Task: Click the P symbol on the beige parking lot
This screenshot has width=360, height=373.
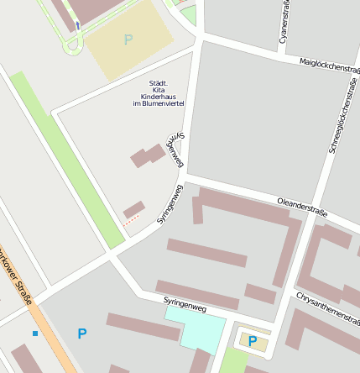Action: (x=128, y=39)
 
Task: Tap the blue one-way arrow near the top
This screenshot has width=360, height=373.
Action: (x=78, y=25)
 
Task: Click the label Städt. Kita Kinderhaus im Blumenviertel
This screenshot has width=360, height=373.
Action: (x=158, y=93)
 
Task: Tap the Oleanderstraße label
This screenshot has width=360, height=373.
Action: (x=301, y=205)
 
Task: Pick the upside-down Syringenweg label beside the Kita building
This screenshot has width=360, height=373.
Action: (x=175, y=150)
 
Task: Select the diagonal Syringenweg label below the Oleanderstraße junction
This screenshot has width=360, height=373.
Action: (x=170, y=205)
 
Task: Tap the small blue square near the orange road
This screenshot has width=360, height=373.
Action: (x=34, y=334)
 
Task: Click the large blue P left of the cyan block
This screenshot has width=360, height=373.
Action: (x=81, y=334)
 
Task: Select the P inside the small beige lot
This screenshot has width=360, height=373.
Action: (x=251, y=341)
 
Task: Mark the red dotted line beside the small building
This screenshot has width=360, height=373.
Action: (x=131, y=220)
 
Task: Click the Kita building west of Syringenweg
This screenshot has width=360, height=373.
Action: (x=148, y=155)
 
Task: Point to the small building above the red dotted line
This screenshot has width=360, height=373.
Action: (x=133, y=209)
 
